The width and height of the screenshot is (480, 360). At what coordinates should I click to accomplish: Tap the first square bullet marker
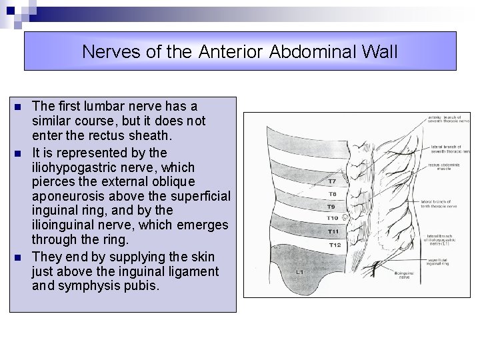coord(18,107)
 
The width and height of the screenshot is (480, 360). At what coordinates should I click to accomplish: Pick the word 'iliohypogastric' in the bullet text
coord(74,167)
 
